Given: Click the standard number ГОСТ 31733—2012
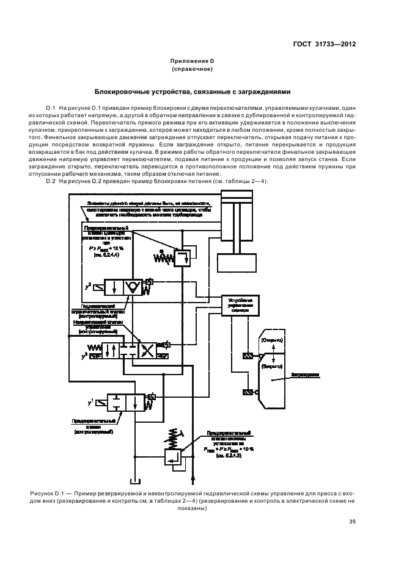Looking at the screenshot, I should point(324,45).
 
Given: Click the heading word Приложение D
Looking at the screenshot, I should point(193,61).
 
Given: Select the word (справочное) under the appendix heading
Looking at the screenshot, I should point(193,69).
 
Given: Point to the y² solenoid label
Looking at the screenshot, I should point(89,284).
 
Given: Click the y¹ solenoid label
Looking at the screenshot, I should point(91,403).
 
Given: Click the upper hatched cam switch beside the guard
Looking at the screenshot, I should point(247,356).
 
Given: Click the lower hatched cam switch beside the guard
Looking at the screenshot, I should point(247,392).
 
